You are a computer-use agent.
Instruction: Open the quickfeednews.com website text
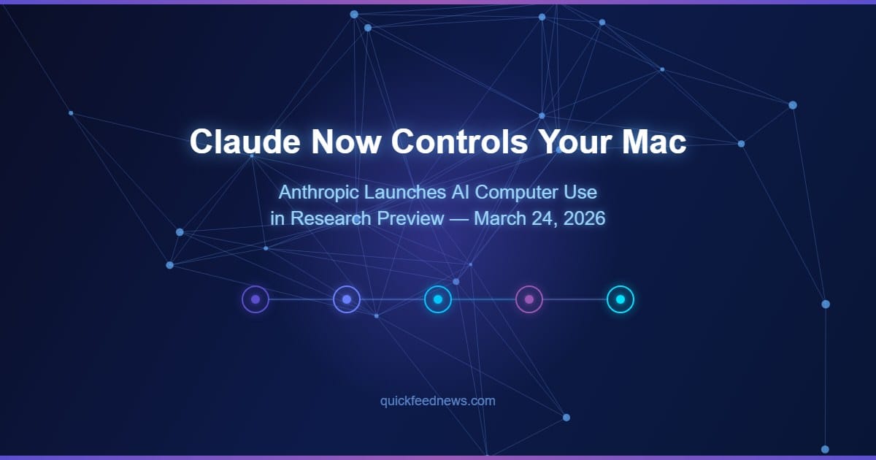click(438, 401)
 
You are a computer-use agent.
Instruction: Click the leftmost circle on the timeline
click(255, 299)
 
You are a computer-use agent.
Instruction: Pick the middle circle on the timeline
click(438, 299)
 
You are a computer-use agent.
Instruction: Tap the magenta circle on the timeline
click(529, 299)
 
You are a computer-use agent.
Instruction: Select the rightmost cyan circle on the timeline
click(620, 299)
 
